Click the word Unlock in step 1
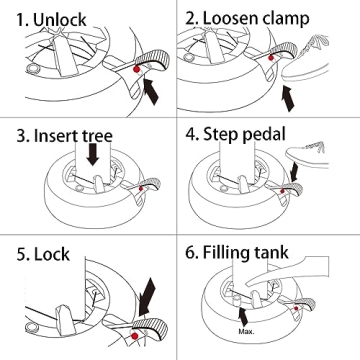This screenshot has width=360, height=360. (60, 20)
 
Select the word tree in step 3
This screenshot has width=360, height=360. (93, 136)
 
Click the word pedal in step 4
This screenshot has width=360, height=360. (264, 135)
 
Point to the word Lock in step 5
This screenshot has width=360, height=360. (52, 254)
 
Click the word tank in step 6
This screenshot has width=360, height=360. (271, 252)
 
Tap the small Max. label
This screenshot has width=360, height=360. (246, 332)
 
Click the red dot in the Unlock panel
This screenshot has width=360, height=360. (136, 69)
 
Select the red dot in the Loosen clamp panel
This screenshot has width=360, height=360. (271, 58)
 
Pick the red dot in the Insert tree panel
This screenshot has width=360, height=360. (141, 188)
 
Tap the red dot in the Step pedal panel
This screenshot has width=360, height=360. (283, 191)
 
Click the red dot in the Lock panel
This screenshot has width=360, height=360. (135, 335)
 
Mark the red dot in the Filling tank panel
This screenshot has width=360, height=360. (296, 308)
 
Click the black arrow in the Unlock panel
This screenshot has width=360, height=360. (150, 91)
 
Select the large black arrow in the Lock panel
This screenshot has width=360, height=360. (147, 297)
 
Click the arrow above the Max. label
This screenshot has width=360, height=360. (244, 317)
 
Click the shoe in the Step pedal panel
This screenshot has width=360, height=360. (308, 155)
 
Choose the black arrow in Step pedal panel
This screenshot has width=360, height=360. (294, 172)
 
